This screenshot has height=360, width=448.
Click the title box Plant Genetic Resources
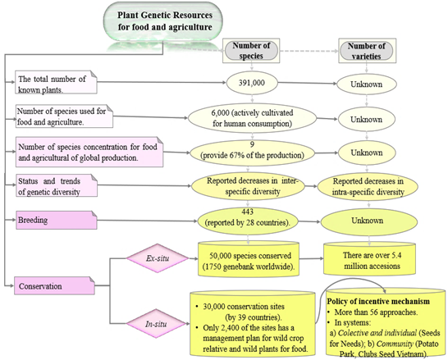pos(162,21)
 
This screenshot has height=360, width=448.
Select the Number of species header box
pos(251,51)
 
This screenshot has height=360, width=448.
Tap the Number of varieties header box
pos(367,51)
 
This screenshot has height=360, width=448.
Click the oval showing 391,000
pos(252,83)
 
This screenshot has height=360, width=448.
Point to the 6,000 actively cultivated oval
pos(252,118)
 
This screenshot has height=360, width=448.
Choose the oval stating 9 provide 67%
pos(252,153)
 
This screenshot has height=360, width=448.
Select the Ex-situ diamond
pos(158,258)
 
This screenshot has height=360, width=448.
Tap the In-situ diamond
pos(156,324)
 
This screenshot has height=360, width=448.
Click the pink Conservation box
pos(55,285)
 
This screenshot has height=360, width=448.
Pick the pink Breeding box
pos(57,220)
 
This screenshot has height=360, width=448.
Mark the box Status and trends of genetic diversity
pos(57,185)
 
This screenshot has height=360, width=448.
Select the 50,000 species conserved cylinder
pos(249,259)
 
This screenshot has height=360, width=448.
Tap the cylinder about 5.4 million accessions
pos(369,259)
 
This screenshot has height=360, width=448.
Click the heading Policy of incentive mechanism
pos(378,302)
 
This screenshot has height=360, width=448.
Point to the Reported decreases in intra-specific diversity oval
pos(368,186)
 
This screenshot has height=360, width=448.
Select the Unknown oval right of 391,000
pos(367,84)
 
